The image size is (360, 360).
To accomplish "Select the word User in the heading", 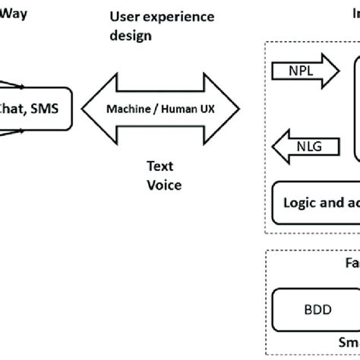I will point(125,17).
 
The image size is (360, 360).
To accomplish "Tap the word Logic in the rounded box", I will point(301,204).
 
